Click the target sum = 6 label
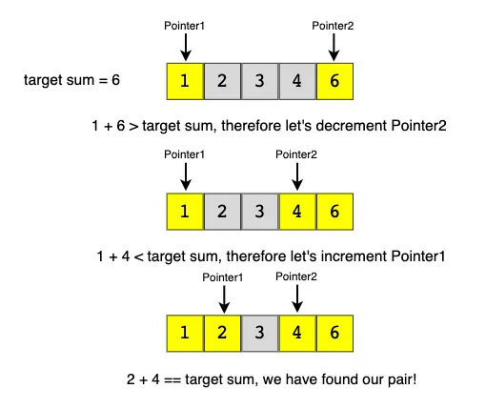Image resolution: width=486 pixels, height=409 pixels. point(71,80)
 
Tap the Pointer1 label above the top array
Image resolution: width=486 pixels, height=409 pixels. point(184,26)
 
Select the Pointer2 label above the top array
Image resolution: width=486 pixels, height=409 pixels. point(333,26)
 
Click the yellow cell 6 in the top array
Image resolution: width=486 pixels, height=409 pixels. point(334,81)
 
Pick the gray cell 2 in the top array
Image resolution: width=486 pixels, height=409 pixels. point(222,81)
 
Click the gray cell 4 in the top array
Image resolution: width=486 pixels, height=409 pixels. point(297,81)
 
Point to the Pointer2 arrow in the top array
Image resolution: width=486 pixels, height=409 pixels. point(334,48)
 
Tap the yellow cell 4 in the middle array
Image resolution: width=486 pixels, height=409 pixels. point(297,212)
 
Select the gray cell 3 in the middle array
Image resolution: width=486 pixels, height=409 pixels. point(260,212)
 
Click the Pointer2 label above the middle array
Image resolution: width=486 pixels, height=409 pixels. point(296,154)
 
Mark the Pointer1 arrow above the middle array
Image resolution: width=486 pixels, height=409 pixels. point(186,176)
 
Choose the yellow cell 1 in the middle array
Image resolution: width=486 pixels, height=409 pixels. point(185,212)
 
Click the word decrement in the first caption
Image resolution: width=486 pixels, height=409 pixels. point(352,126)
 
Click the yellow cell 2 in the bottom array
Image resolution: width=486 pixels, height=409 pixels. point(222,334)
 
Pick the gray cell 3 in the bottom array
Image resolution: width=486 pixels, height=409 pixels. point(260,334)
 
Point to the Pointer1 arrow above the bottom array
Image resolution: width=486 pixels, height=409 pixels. point(224,299)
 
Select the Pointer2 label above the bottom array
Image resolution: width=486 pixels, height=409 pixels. point(296,276)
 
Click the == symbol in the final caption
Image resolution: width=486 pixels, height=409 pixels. point(172,380)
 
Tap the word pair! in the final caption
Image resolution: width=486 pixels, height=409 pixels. point(402,379)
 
